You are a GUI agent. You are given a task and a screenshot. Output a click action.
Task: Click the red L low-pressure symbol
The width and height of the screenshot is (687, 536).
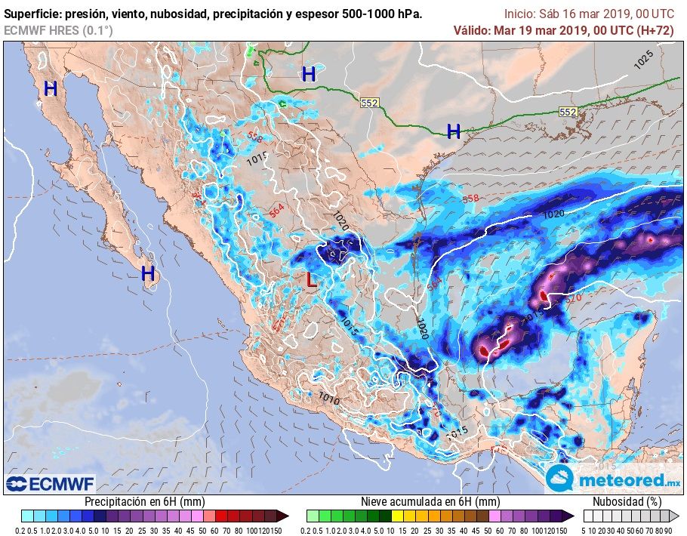(x=310, y=280)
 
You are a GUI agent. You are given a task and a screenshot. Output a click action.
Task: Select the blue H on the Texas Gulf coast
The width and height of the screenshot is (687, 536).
(x=453, y=131)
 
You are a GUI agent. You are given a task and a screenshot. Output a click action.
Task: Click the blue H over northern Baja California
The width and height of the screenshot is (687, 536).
(x=51, y=89)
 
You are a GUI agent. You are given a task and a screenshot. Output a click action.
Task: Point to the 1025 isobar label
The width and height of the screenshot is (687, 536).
(x=643, y=61)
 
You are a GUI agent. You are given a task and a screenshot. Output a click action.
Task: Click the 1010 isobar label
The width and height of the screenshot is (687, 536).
(x=328, y=397)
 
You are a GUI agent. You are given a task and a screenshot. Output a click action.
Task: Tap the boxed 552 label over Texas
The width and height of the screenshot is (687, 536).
(x=369, y=103)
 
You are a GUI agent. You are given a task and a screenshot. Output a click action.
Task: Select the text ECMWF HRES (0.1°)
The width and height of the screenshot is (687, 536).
(x=58, y=30)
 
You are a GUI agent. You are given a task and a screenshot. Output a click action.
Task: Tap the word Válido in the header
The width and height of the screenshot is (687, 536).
(x=472, y=30)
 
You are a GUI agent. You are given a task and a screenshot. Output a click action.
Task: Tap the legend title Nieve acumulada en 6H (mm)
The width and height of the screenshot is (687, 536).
(x=430, y=501)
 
